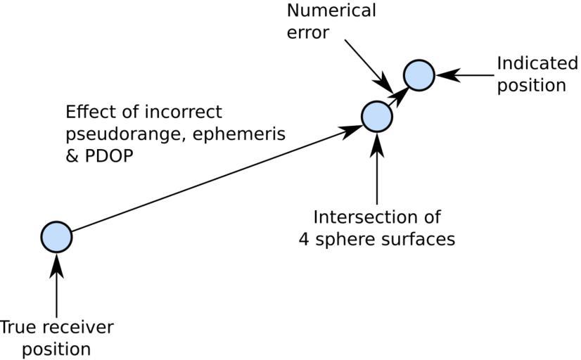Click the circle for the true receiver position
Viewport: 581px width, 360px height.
(56, 236)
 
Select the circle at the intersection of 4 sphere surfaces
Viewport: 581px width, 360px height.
(376, 116)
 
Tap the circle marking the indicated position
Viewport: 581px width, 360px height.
(419, 75)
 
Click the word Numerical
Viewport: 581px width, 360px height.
(331, 11)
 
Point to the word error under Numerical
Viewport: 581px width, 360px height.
(308, 33)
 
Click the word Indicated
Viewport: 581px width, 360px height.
(537, 63)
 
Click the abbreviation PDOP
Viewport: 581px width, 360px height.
(109, 157)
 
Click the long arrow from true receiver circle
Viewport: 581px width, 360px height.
(211, 179)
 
